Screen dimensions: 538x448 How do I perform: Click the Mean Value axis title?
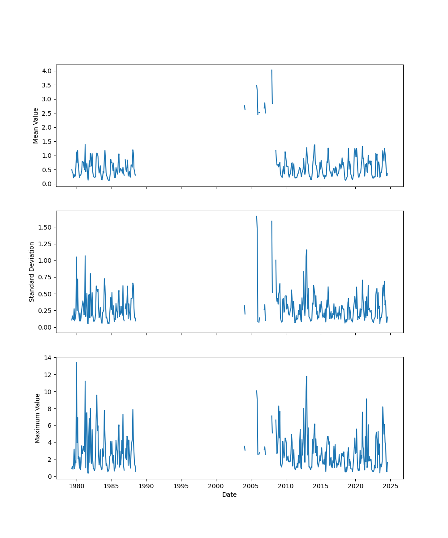click(x=36, y=126)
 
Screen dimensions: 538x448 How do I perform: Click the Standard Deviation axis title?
click(x=32, y=272)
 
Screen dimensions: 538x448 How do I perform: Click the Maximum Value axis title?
click(x=38, y=418)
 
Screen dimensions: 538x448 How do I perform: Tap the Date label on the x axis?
click(x=229, y=495)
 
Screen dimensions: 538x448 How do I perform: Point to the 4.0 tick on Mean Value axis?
click(x=47, y=71)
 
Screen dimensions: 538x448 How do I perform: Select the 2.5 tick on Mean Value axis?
click(x=47, y=113)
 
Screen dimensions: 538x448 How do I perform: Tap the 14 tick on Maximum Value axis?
click(x=47, y=357)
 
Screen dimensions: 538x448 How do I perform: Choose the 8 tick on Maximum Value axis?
click(x=49, y=408)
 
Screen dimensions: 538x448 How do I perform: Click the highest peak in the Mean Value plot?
click(x=271, y=70)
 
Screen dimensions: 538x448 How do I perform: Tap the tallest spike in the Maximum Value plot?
click(x=76, y=362)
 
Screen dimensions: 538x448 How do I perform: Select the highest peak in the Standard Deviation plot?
click(x=256, y=216)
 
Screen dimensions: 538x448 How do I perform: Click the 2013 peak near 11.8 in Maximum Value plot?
click(x=306, y=376)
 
